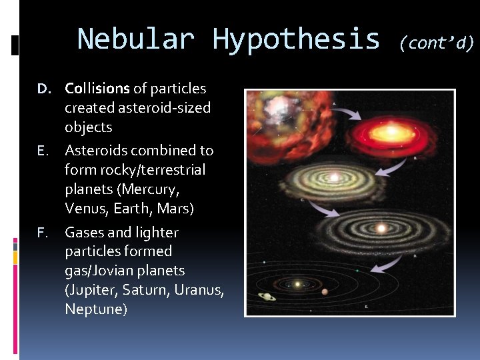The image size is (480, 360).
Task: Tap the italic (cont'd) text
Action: click(437, 43)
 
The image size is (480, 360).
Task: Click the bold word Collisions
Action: click(97, 89)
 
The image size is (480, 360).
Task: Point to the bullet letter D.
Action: click(43, 89)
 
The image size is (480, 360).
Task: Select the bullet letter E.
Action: click(43, 151)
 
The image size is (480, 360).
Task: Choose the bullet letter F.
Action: click(43, 233)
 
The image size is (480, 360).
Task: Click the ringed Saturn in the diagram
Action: click(267, 297)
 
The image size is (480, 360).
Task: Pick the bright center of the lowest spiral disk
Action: click(381, 228)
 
